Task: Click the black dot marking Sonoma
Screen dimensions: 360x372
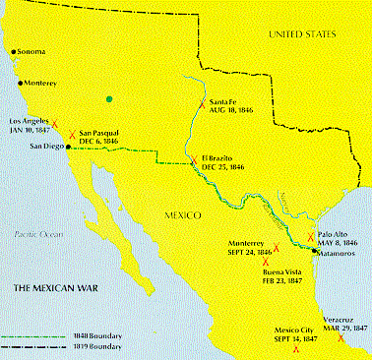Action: [13, 51]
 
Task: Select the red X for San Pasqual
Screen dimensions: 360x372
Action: [71, 130]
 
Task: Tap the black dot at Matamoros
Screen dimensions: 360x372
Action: [313, 251]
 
